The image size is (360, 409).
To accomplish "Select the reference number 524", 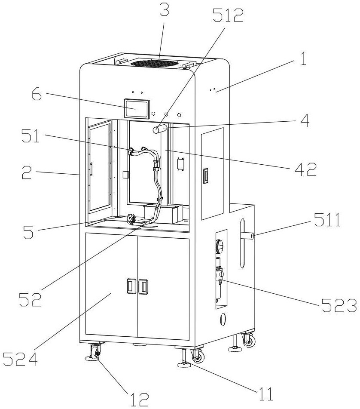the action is point(20,359).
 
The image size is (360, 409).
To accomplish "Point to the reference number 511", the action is point(327,220).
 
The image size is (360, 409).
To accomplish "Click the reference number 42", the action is point(305,169).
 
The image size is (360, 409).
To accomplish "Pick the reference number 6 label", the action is point(37,95).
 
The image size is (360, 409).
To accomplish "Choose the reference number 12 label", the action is point(139,399).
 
